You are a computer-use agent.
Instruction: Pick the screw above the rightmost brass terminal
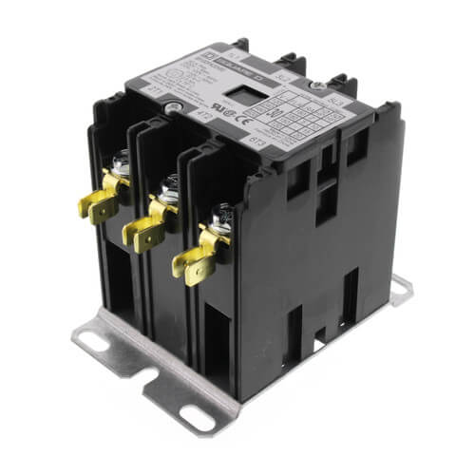[x=219, y=223]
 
